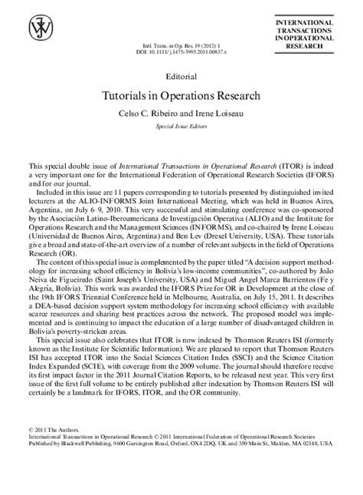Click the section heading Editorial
[x=181, y=77]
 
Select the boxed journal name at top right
[x=309, y=35]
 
